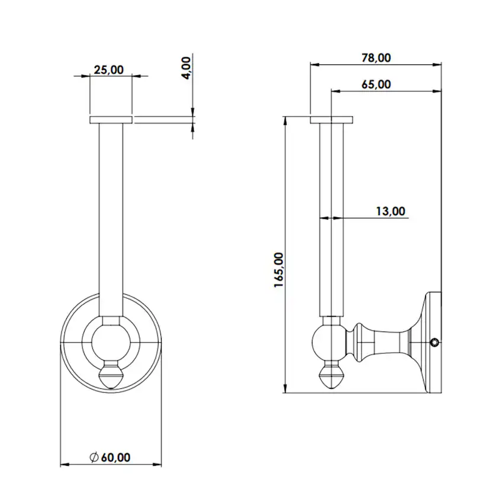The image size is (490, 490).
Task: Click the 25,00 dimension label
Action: tap(109, 70)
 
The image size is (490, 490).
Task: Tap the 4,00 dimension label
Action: tap(186, 68)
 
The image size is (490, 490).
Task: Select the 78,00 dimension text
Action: tap(376, 58)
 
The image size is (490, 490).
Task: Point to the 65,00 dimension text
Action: tap(376, 85)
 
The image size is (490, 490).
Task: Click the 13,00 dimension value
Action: tap(391, 211)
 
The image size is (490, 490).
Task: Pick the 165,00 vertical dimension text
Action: tap(279, 270)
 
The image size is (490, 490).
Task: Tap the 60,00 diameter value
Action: tap(115, 457)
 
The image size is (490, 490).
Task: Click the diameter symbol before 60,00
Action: tap(94, 457)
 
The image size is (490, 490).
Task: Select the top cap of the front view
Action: tap(111, 120)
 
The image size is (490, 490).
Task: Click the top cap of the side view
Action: tap(331, 120)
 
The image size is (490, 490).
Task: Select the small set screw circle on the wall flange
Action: tap(434, 343)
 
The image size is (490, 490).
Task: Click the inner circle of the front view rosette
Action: tap(111, 343)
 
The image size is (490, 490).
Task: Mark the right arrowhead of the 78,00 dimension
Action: tap(437, 65)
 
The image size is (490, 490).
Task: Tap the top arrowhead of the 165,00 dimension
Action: tap(285, 121)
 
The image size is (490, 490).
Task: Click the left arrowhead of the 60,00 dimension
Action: tap(65, 465)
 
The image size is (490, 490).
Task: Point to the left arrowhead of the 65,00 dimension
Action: tap(336, 91)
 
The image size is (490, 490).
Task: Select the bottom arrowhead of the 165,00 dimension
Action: tap(285, 388)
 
